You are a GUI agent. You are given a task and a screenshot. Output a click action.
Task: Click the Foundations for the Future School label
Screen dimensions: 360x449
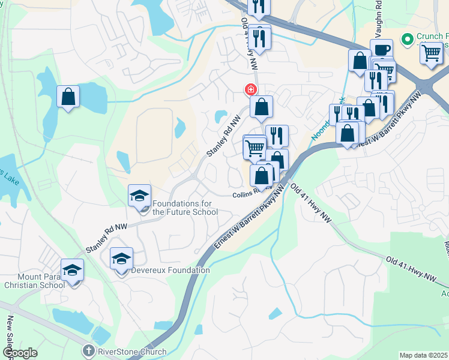click(185, 208)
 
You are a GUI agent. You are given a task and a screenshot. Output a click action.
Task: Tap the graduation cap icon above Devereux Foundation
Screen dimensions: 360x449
click(121, 257)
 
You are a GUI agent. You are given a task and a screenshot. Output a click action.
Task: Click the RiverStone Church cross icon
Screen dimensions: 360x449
click(88, 349)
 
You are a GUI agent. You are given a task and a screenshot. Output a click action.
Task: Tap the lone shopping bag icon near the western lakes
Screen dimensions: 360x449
click(68, 96)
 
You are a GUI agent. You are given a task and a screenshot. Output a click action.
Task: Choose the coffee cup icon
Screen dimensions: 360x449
click(381, 49)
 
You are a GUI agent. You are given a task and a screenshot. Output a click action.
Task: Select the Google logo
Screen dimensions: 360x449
click(19, 353)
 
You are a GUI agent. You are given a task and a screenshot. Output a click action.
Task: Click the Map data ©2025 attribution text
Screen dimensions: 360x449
click(424, 355)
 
